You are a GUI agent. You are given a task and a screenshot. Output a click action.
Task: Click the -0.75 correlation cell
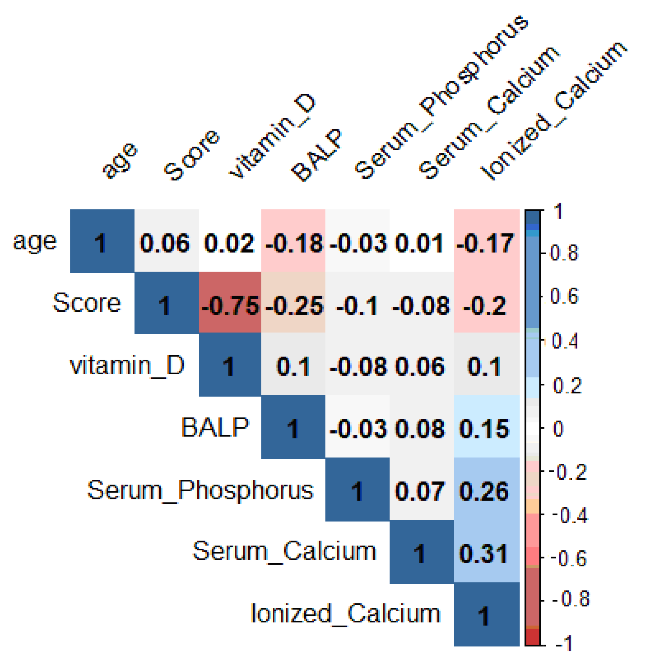click(x=230, y=305)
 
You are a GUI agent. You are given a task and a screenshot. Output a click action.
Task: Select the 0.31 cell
click(x=486, y=554)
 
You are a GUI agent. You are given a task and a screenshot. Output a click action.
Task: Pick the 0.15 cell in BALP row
click(x=486, y=429)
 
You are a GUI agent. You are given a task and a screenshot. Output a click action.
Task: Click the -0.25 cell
click(x=293, y=305)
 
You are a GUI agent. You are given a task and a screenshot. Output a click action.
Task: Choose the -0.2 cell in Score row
click(x=486, y=305)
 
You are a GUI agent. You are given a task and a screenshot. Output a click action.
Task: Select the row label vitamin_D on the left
click(x=127, y=366)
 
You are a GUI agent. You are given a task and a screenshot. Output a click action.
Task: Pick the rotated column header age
click(x=120, y=160)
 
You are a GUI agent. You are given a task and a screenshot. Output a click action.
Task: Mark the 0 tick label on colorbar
click(x=558, y=429)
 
